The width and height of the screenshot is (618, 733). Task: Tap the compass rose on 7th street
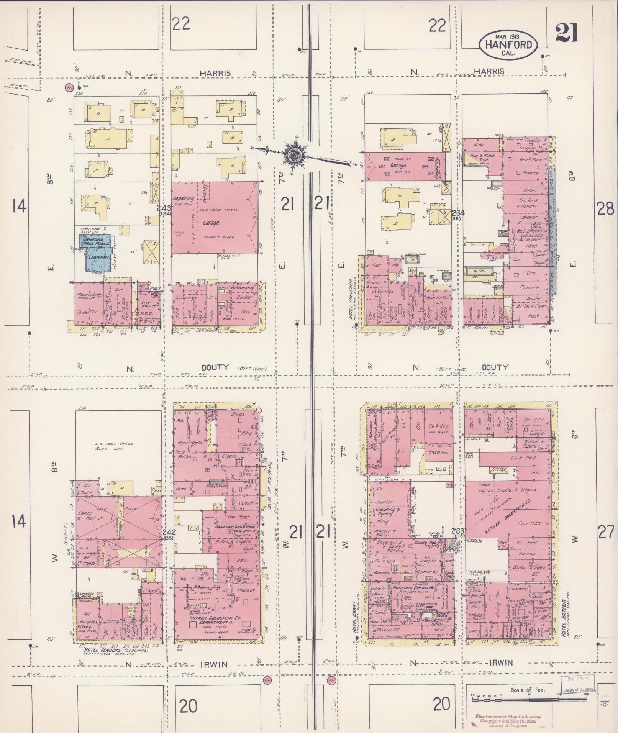[x=294, y=155]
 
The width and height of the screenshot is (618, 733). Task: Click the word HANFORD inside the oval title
[x=508, y=44]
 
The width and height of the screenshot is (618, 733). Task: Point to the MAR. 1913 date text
[x=508, y=36]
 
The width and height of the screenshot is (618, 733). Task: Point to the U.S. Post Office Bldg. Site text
[x=114, y=446]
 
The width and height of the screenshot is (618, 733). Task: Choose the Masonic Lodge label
[x=89, y=295]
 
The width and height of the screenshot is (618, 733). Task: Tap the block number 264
[x=457, y=213]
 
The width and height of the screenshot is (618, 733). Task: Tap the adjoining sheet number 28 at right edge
[x=605, y=209]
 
